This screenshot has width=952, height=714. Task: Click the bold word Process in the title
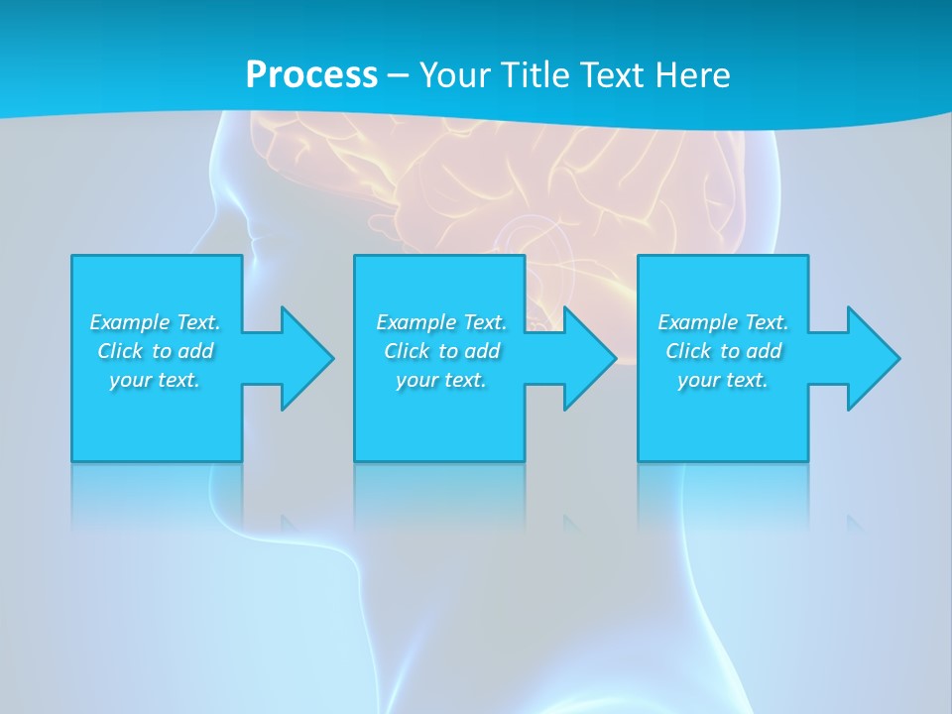[311, 74]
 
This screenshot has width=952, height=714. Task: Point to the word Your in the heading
[454, 74]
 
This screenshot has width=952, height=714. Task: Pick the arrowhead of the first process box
[306, 358]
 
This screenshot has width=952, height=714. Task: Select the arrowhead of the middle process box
[589, 358]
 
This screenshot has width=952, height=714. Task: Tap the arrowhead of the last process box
[873, 358]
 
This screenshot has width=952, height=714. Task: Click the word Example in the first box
[130, 322]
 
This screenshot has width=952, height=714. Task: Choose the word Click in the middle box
[406, 351]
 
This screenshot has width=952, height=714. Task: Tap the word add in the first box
[195, 351]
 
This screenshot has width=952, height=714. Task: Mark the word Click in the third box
[688, 351]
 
